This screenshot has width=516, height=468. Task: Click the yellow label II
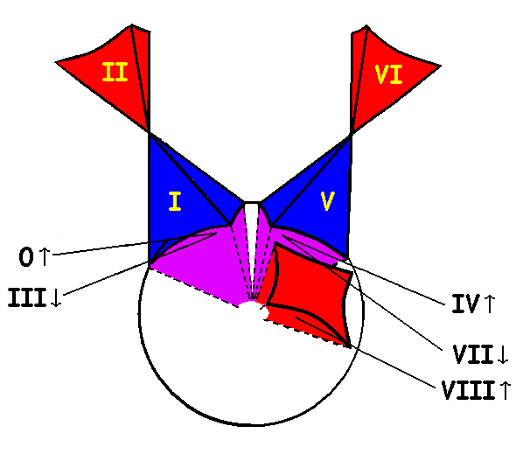115,72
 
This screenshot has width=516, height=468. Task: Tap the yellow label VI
389,74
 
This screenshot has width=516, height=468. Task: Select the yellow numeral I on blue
175,201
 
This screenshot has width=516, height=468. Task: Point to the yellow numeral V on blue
327,201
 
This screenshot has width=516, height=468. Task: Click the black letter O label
26,257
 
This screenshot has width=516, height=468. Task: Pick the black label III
27,297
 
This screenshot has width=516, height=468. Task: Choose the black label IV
465,304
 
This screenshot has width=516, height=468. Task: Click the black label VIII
468,390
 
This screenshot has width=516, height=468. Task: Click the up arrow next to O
44,256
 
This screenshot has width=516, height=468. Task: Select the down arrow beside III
56,297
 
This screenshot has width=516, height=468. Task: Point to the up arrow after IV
490,304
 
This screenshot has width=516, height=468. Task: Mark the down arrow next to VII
503,354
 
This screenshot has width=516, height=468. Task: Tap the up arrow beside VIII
506,390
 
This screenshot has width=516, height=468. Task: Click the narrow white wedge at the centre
252,237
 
